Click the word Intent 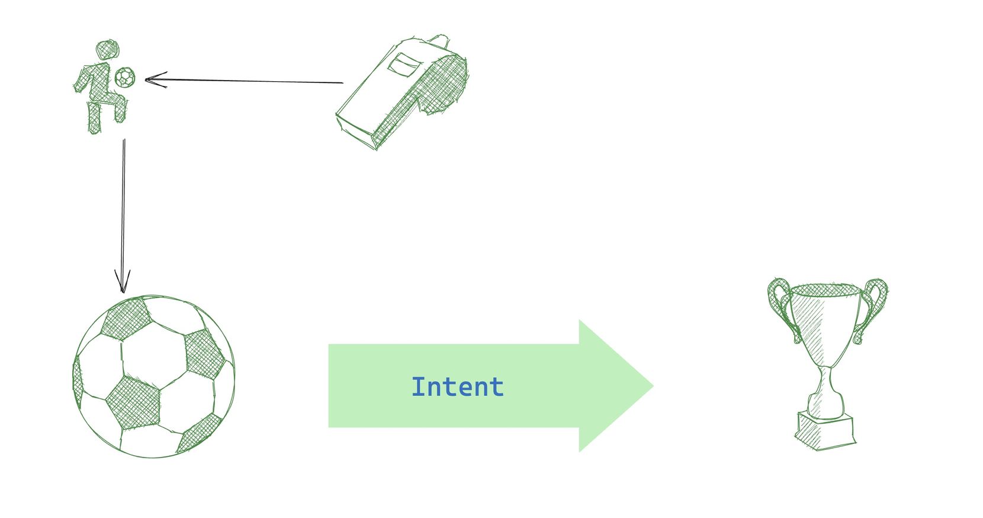tap(457, 387)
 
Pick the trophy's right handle tap(874, 305)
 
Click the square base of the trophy tap(825, 431)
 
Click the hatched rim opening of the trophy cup tap(825, 290)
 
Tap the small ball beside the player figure tap(125, 77)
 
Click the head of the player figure tap(107, 50)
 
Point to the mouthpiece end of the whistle tap(355, 127)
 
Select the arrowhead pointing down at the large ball tap(123, 284)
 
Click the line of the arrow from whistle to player tap(249, 81)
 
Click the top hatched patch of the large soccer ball tap(126, 318)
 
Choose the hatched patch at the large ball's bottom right tap(200, 433)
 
